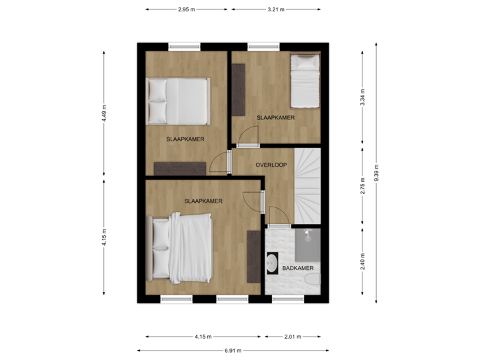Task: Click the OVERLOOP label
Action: click(271, 164)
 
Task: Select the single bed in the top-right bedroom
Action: click(307, 81)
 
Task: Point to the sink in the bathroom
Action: click(273, 264)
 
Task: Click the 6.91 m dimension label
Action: click(233, 350)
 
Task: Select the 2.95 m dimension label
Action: click(187, 10)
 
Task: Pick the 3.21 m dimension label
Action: click(276, 10)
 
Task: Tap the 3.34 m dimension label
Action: click(362, 97)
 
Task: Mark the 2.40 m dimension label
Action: click(362, 260)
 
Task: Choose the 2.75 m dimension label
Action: click(362, 185)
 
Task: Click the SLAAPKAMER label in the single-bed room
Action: click(275, 117)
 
